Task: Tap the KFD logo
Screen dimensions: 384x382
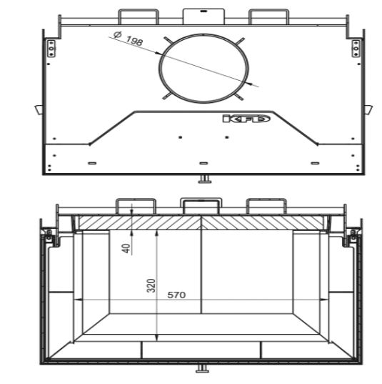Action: (246, 118)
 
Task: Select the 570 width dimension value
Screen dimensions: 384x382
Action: (176, 294)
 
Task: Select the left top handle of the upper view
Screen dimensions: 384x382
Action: (138, 15)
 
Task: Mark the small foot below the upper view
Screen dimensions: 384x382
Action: (204, 177)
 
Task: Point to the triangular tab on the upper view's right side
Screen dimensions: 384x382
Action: (368, 109)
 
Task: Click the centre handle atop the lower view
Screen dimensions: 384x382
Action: (201, 205)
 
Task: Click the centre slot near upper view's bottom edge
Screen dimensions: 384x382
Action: (203, 164)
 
